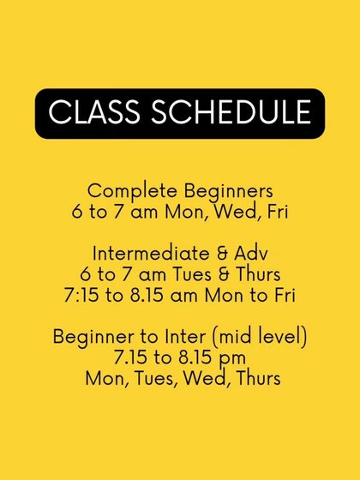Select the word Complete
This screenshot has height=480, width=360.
click(x=129, y=189)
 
